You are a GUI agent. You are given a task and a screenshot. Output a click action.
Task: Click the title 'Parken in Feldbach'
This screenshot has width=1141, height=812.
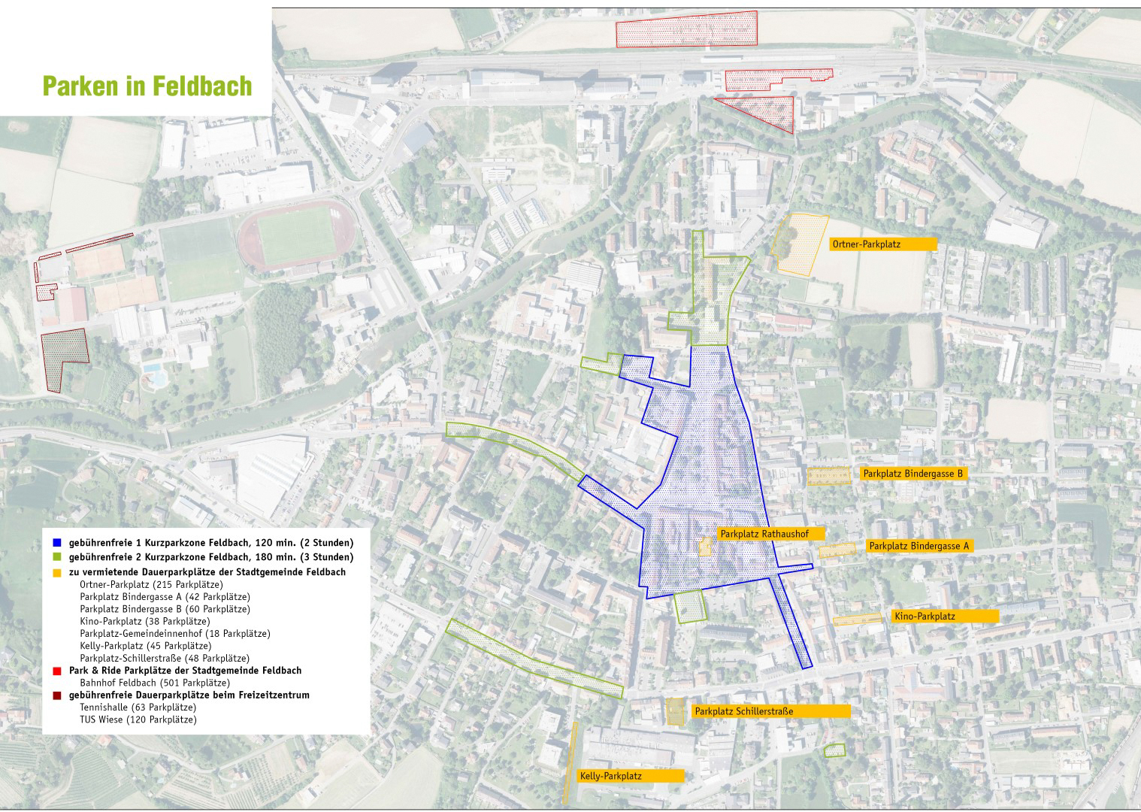click(147, 86)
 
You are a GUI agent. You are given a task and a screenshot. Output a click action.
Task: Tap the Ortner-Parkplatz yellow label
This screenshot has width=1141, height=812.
click(882, 244)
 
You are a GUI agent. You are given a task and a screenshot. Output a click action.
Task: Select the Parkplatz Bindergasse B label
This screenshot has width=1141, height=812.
click(912, 474)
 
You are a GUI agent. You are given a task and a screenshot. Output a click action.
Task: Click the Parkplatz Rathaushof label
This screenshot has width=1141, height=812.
click(770, 533)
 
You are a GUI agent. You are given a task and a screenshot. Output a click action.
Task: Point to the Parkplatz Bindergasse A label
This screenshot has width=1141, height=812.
click(919, 546)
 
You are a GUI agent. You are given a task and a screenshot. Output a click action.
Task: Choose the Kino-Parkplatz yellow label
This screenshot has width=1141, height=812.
click(945, 616)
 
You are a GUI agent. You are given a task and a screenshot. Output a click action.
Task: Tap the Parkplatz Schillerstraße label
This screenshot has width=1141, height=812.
click(771, 710)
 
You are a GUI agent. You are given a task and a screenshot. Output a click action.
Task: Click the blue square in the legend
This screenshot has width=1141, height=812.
click(57, 543)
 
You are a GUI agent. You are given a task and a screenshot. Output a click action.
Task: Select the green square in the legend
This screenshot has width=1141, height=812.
click(57, 558)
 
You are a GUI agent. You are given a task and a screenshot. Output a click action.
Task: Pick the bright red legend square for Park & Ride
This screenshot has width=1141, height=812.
click(57, 670)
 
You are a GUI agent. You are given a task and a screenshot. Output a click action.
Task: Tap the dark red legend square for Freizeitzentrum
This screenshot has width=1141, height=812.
click(57, 695)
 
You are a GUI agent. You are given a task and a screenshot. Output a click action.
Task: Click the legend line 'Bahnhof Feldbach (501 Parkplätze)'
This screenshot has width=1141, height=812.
click(154, 683)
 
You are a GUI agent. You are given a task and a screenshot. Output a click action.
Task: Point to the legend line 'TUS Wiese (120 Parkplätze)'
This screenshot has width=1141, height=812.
click(138, 720)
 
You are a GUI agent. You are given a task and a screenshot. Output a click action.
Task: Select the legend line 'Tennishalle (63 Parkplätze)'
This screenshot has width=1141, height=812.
click(138, 707)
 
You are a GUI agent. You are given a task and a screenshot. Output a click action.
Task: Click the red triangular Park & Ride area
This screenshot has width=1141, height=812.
click(763, 110)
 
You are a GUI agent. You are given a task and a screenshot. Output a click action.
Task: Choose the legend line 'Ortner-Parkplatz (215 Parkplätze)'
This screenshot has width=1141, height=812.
click(151, 584)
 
